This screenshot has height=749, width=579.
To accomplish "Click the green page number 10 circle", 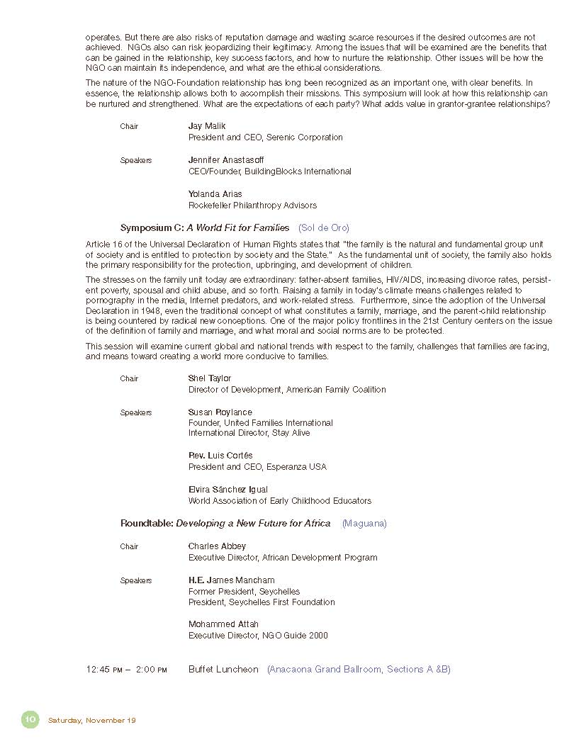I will (30, 719).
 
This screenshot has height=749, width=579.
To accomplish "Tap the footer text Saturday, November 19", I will (91, 721).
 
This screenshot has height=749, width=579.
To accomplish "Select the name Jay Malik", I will (206, 126).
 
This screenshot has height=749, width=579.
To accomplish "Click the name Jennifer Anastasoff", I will (225, 160).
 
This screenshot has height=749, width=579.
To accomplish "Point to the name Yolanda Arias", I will (215, 194).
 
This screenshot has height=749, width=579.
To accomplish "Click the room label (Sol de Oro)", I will (324, 228).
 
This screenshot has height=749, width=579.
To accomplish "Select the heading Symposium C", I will (152, 228).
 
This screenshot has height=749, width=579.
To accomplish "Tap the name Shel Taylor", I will (210, 378).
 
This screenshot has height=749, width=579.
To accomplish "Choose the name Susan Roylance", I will (220, 412).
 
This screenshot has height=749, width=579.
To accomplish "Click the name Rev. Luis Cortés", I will (220, 456).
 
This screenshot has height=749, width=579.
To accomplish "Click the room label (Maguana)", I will (364, 524).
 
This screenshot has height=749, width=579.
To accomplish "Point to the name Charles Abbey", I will (217, 546).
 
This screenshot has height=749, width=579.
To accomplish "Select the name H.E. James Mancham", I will (231, 580).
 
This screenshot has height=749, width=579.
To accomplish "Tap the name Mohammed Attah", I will (223, 624).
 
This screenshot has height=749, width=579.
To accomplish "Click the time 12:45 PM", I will (104, 670).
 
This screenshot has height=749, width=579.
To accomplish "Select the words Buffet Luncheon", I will (223, 670).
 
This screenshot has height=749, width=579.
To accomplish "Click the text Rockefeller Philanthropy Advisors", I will (252, 205).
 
